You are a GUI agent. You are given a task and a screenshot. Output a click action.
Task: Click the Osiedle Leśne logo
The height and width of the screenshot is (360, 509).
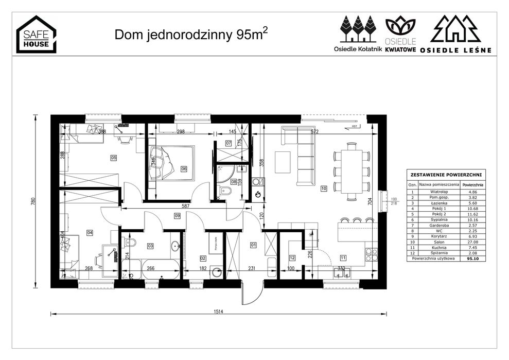tap(455, 34)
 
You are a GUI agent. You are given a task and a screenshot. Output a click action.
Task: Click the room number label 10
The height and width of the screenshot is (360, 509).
tap(324, 188)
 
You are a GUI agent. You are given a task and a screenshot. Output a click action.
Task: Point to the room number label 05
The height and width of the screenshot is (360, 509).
tap(113, 158)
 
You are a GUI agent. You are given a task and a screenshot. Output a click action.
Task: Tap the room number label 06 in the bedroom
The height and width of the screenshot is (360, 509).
tap(184, 168)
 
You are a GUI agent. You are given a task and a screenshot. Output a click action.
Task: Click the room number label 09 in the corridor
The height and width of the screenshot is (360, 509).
tap(177, 215)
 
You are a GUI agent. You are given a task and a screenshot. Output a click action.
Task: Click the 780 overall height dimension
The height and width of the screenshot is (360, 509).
tap(33, 201)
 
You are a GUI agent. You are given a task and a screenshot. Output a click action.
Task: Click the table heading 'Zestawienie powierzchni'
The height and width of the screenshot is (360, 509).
tap(445, 175)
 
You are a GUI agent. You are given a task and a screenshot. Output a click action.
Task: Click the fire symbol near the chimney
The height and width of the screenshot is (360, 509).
tap(258, 194)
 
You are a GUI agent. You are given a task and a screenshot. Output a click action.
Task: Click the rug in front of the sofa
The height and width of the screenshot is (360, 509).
tap(283, 162)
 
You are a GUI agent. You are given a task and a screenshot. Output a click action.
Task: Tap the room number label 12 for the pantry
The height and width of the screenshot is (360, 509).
tap(292, 258)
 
